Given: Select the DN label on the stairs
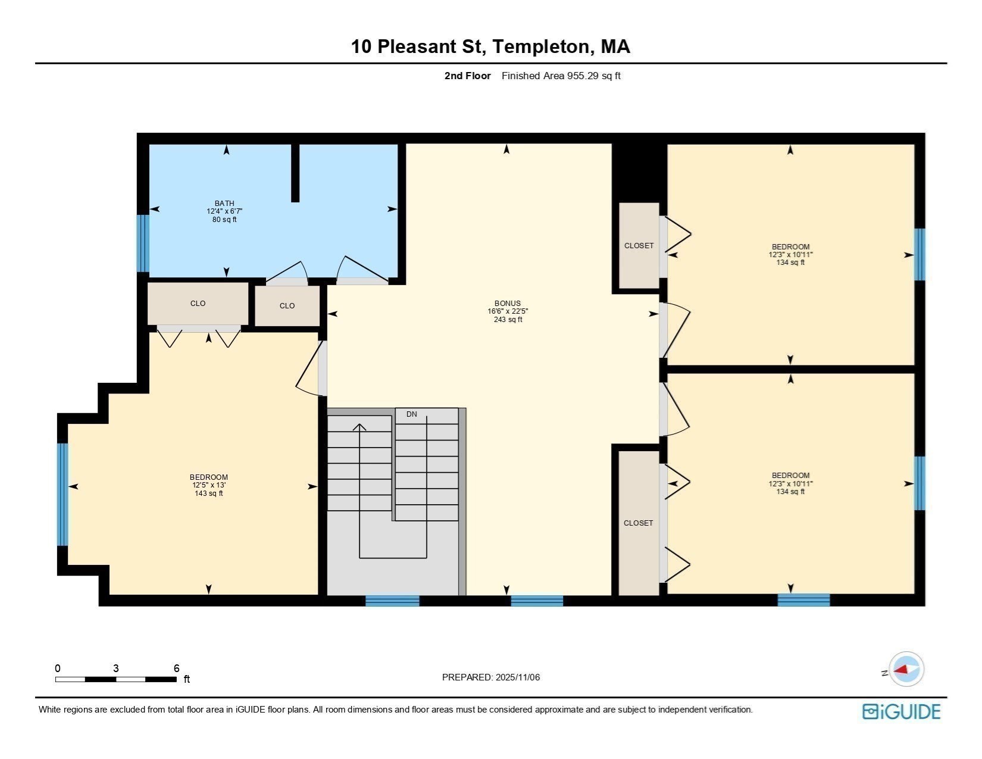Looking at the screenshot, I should [x=411, y=414].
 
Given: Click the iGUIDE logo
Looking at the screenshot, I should [x=901, y=711].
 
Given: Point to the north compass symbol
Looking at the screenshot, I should [x=906, y=669].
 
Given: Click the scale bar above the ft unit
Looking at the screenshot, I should [x=116, y=679].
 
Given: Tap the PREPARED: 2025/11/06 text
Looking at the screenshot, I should [x=490, y=677].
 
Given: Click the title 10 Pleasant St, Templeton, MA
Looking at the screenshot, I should [x=490, y=46].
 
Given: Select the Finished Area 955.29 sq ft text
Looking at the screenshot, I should [x=561, y=76].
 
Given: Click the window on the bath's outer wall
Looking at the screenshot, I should [x=143, y=243].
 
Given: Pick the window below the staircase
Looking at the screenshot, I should [x=392, y=600].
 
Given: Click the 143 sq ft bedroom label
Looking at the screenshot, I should [x=208, y=493].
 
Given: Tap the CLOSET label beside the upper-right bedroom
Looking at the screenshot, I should [x=639, y=245].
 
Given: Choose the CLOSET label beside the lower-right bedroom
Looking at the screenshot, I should [x=638, y=523].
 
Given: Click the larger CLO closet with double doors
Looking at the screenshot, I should [x=198, y=303].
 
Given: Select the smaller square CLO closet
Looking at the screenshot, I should [x=287, y=305].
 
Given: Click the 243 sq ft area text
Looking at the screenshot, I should [x=507, y=320].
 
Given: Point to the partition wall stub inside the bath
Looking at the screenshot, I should [x=295, y=173].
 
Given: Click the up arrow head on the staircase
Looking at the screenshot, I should [x=359, y=426].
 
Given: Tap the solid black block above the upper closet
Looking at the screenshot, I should [x=639, y=173].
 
